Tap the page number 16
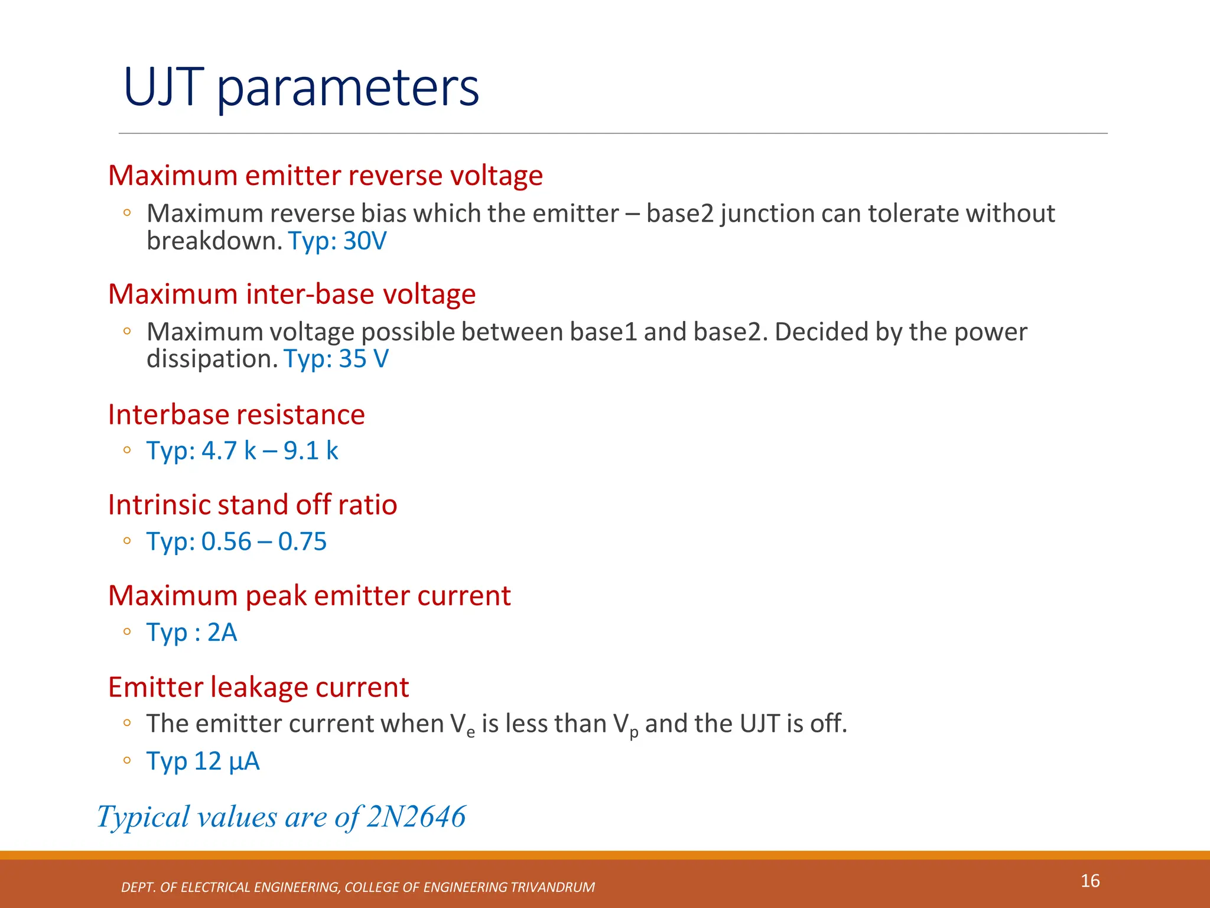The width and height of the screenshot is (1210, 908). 1090,881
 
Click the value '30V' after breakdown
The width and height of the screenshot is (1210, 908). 365,241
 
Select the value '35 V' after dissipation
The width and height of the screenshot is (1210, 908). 363,359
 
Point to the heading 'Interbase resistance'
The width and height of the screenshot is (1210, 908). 236,414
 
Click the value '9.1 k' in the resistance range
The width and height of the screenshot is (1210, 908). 311,451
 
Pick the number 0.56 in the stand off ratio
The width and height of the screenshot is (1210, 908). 226,541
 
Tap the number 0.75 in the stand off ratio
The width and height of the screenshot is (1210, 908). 302,541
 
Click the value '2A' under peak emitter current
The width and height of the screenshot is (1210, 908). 222,633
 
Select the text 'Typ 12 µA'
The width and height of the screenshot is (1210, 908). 203,761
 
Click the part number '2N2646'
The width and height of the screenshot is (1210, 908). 416,817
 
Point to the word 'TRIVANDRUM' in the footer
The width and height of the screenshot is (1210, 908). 552,887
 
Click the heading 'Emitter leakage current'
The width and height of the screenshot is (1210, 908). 258,687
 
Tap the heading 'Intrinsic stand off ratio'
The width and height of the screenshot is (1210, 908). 252,505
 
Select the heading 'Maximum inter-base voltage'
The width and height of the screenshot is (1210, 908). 292,294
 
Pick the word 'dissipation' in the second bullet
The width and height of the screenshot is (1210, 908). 212,359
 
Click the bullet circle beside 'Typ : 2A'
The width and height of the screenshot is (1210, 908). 127,632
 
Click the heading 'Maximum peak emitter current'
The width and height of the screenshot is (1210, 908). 309,596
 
